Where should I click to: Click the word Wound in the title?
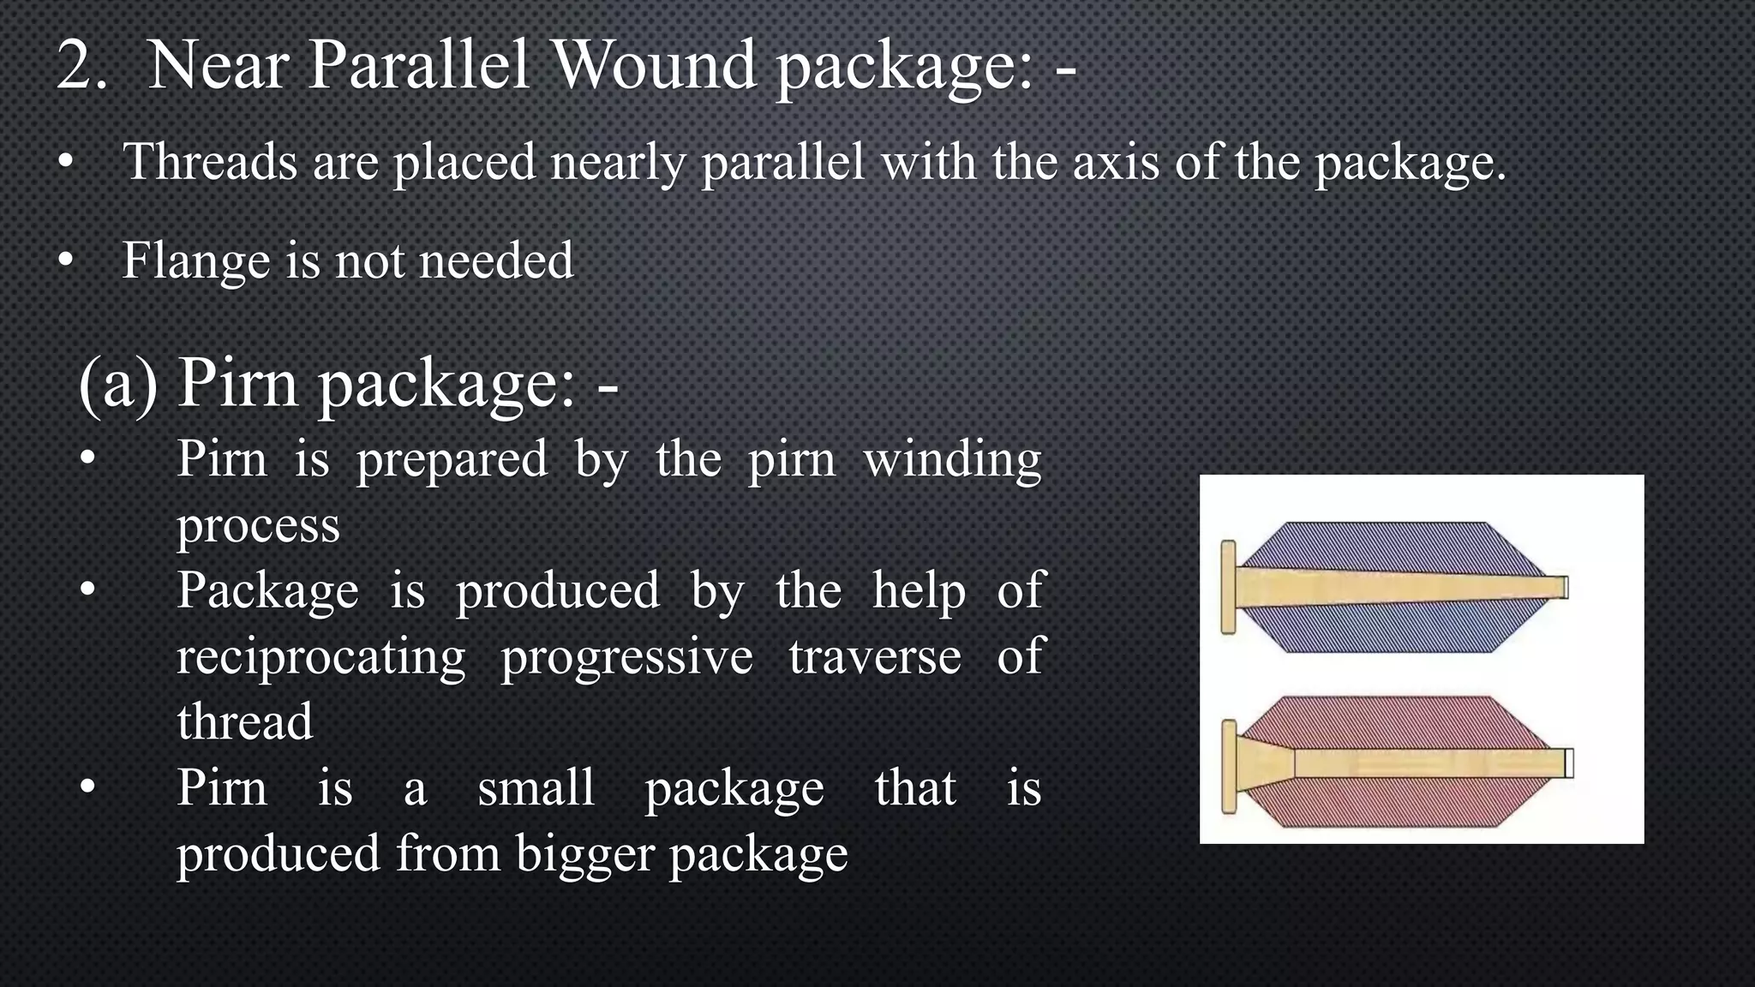point(656,65)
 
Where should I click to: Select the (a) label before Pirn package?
point(118,383)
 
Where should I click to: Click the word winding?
point(952,460)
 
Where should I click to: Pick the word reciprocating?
point(320,656)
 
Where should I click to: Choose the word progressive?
point(626,656)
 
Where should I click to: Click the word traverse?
point(875,656)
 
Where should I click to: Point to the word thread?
point(245,721)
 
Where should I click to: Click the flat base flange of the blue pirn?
point(1228,588)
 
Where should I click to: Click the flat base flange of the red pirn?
point(1229,766)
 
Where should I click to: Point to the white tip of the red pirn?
point(1569,763)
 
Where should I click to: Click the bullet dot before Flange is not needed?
point(66,260)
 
